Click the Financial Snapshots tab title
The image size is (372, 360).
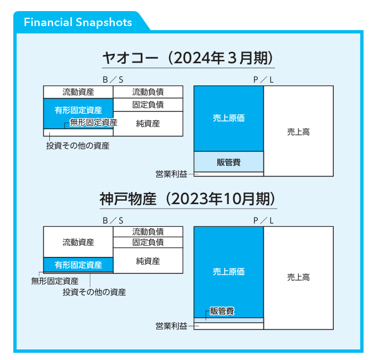click(78, 22)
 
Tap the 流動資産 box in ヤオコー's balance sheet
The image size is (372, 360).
click(78, 92)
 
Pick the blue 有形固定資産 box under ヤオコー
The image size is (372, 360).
click(78, 110)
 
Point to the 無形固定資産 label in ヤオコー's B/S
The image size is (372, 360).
click(93, 122)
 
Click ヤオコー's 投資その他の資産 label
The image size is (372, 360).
click(78, 146)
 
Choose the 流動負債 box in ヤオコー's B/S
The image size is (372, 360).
click(148, 92)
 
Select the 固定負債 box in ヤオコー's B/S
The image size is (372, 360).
click(148, 104)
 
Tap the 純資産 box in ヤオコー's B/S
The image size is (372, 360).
click(148, 124)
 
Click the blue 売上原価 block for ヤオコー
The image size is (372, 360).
click(228, 118)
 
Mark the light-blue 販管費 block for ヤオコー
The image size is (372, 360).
click(228, 162)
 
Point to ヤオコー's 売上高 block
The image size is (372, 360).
click(298, 131)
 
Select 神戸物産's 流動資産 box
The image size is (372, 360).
click(78, 242)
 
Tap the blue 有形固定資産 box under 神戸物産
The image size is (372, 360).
click(78, 265)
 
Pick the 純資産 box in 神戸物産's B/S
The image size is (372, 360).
click(148, 260)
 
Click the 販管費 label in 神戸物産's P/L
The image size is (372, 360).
click(222, 311)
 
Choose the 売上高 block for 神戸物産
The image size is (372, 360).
click(298, 278)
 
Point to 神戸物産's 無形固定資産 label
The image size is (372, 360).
click(55, 281)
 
